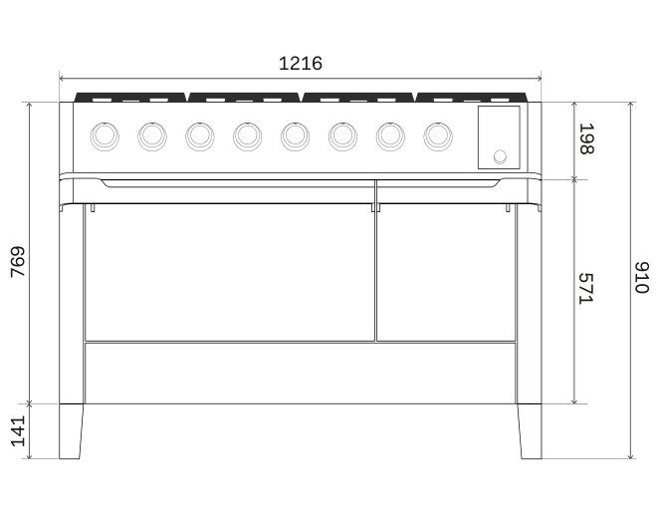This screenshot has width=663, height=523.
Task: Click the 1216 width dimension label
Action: [x=300, y=64]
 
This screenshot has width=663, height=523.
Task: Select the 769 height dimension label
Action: [x=18, y=262]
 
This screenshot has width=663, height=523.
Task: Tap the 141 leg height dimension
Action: [x=18, y=431]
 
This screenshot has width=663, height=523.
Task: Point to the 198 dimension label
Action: [x=587, y=140]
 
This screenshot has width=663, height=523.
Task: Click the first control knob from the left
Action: [x=104, y=134]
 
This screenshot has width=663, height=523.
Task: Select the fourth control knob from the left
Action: [x=247, y=134]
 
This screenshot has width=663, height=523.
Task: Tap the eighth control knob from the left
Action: [x=437, y=134]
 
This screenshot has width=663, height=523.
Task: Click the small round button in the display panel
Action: [x=501, y=155]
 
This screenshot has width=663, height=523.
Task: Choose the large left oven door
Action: [x=230, y=271]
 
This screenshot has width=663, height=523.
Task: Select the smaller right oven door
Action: [x=445, y=271]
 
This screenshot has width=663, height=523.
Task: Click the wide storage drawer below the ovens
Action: [x=300, y=373]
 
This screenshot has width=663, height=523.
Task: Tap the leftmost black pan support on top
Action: [x=130, y=98]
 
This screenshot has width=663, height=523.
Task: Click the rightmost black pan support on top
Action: [x=472, y=98]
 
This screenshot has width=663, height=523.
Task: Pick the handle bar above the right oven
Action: [x=438, y=184]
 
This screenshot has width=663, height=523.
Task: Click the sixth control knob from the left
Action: [x=342, y=134]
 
